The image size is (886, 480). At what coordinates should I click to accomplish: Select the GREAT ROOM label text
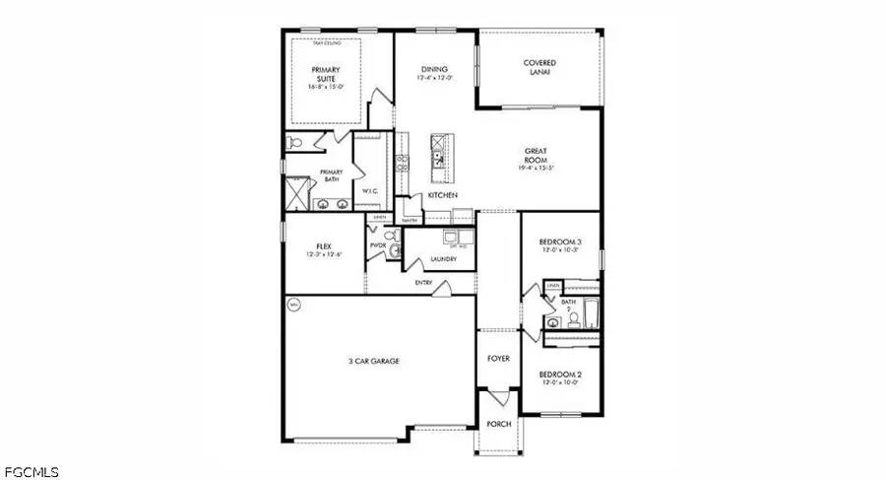click(538, 158)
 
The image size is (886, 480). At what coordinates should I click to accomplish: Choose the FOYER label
click(499, 359)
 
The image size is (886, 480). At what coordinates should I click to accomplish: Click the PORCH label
click(499, 424)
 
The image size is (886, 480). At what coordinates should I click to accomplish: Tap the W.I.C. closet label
click(371, 191)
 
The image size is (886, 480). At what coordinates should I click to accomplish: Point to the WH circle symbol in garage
click(292, 307)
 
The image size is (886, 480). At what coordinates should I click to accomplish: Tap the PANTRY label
click(411, 221)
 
